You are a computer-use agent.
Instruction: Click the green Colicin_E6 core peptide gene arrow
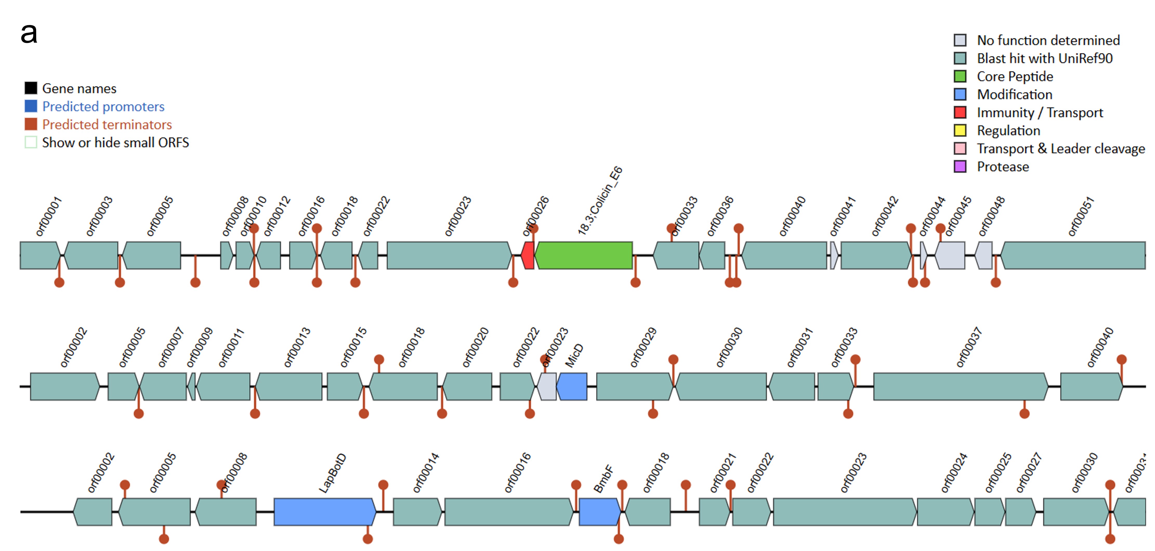pos(584,255)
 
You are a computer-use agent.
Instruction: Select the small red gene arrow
pos(528,255)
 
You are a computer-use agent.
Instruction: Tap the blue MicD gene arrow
pos(572,386)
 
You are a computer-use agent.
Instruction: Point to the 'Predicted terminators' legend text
pos(107,124)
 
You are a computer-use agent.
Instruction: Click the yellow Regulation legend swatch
pos(960,131)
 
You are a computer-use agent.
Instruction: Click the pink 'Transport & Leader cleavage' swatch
pos(960,149)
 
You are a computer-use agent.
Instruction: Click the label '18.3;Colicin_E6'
pos(600,201)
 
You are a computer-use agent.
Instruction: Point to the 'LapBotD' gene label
pos(332,473)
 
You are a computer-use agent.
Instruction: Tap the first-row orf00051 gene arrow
pos(1073,255)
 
